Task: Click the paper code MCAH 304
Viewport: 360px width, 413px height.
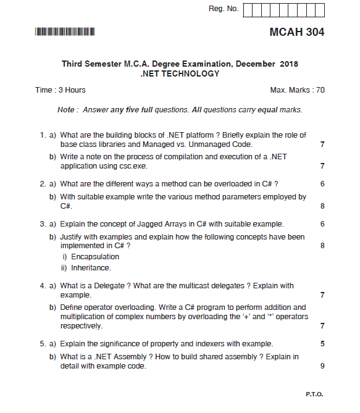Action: pos(296,32)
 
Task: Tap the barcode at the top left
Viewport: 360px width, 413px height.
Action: pos(65,31)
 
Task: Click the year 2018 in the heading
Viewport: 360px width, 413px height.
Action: pos(288,64)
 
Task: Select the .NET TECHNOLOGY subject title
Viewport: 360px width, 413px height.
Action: pos(180,73)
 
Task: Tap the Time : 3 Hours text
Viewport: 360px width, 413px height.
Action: pos(61,90)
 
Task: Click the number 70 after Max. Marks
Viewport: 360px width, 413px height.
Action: pos(320,90)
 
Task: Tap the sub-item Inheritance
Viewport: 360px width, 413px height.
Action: pos(91,268)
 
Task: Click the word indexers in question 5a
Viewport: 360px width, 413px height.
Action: pos(214,344)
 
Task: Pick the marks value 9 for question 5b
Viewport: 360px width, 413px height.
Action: pos(322,366)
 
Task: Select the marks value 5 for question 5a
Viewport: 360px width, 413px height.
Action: pos(322,344)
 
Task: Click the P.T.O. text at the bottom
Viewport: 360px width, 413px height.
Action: pos(315,394)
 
